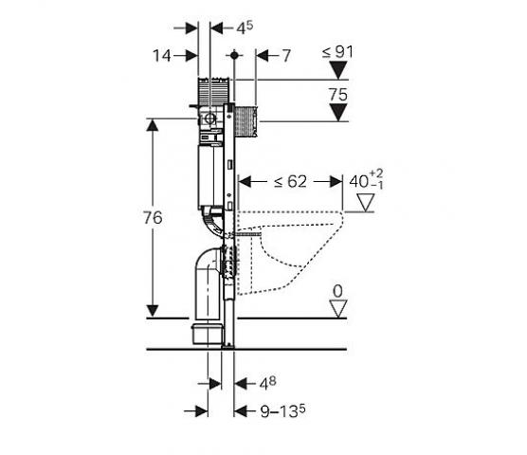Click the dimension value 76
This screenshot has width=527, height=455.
pyautogui.click(x=153, y=218)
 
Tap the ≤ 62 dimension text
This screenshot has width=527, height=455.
pyautogui.click(x=290, y=182)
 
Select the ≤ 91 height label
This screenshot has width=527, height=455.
pyautogui.click(x=337, y=52)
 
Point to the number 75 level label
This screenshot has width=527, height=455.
pyautogui.click(x=338, y=95)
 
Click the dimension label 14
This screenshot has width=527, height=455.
pyautogui.click(x=162, y=55)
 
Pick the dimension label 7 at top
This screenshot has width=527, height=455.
pyautogui.click(x=285, y=56)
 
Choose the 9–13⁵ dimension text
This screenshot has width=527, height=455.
pyautogui.click(x=283, y=411)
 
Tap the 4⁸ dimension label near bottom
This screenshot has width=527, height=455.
pyautogui.click(x=267, y=383)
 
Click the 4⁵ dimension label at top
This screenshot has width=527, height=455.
pyautogui.click(x=245, y=27)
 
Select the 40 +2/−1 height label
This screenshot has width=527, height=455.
pyautogui.click(x=366, y=180)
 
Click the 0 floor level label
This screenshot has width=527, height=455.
pyautogui.click(x=337, y=291)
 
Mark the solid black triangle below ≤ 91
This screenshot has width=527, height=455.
pyautogui.click(x=338, y=70)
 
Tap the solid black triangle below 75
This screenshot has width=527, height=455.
pyautogui.click(x=338, y=112)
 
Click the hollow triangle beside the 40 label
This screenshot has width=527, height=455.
pyautogui.click(x=366, y=203)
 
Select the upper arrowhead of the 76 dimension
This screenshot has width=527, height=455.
pyautogui.click(x=153, y=126)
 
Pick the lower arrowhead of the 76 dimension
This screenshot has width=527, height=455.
pyautogui.click(x=153, y=311)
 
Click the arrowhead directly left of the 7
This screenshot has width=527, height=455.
pyautogui.click(x=263, y=55)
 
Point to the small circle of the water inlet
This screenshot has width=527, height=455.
pyautogui.click(x=210, y=118)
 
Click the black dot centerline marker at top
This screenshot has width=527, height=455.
pyautogui.click(x=234, y=55)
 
